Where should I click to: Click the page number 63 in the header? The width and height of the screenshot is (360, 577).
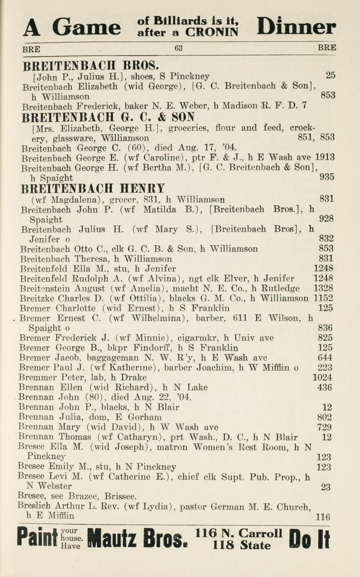click(179, 48)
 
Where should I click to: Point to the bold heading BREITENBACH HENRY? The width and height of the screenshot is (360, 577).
click(93, 188)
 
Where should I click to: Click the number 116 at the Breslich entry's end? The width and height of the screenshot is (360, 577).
click(323, 517)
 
